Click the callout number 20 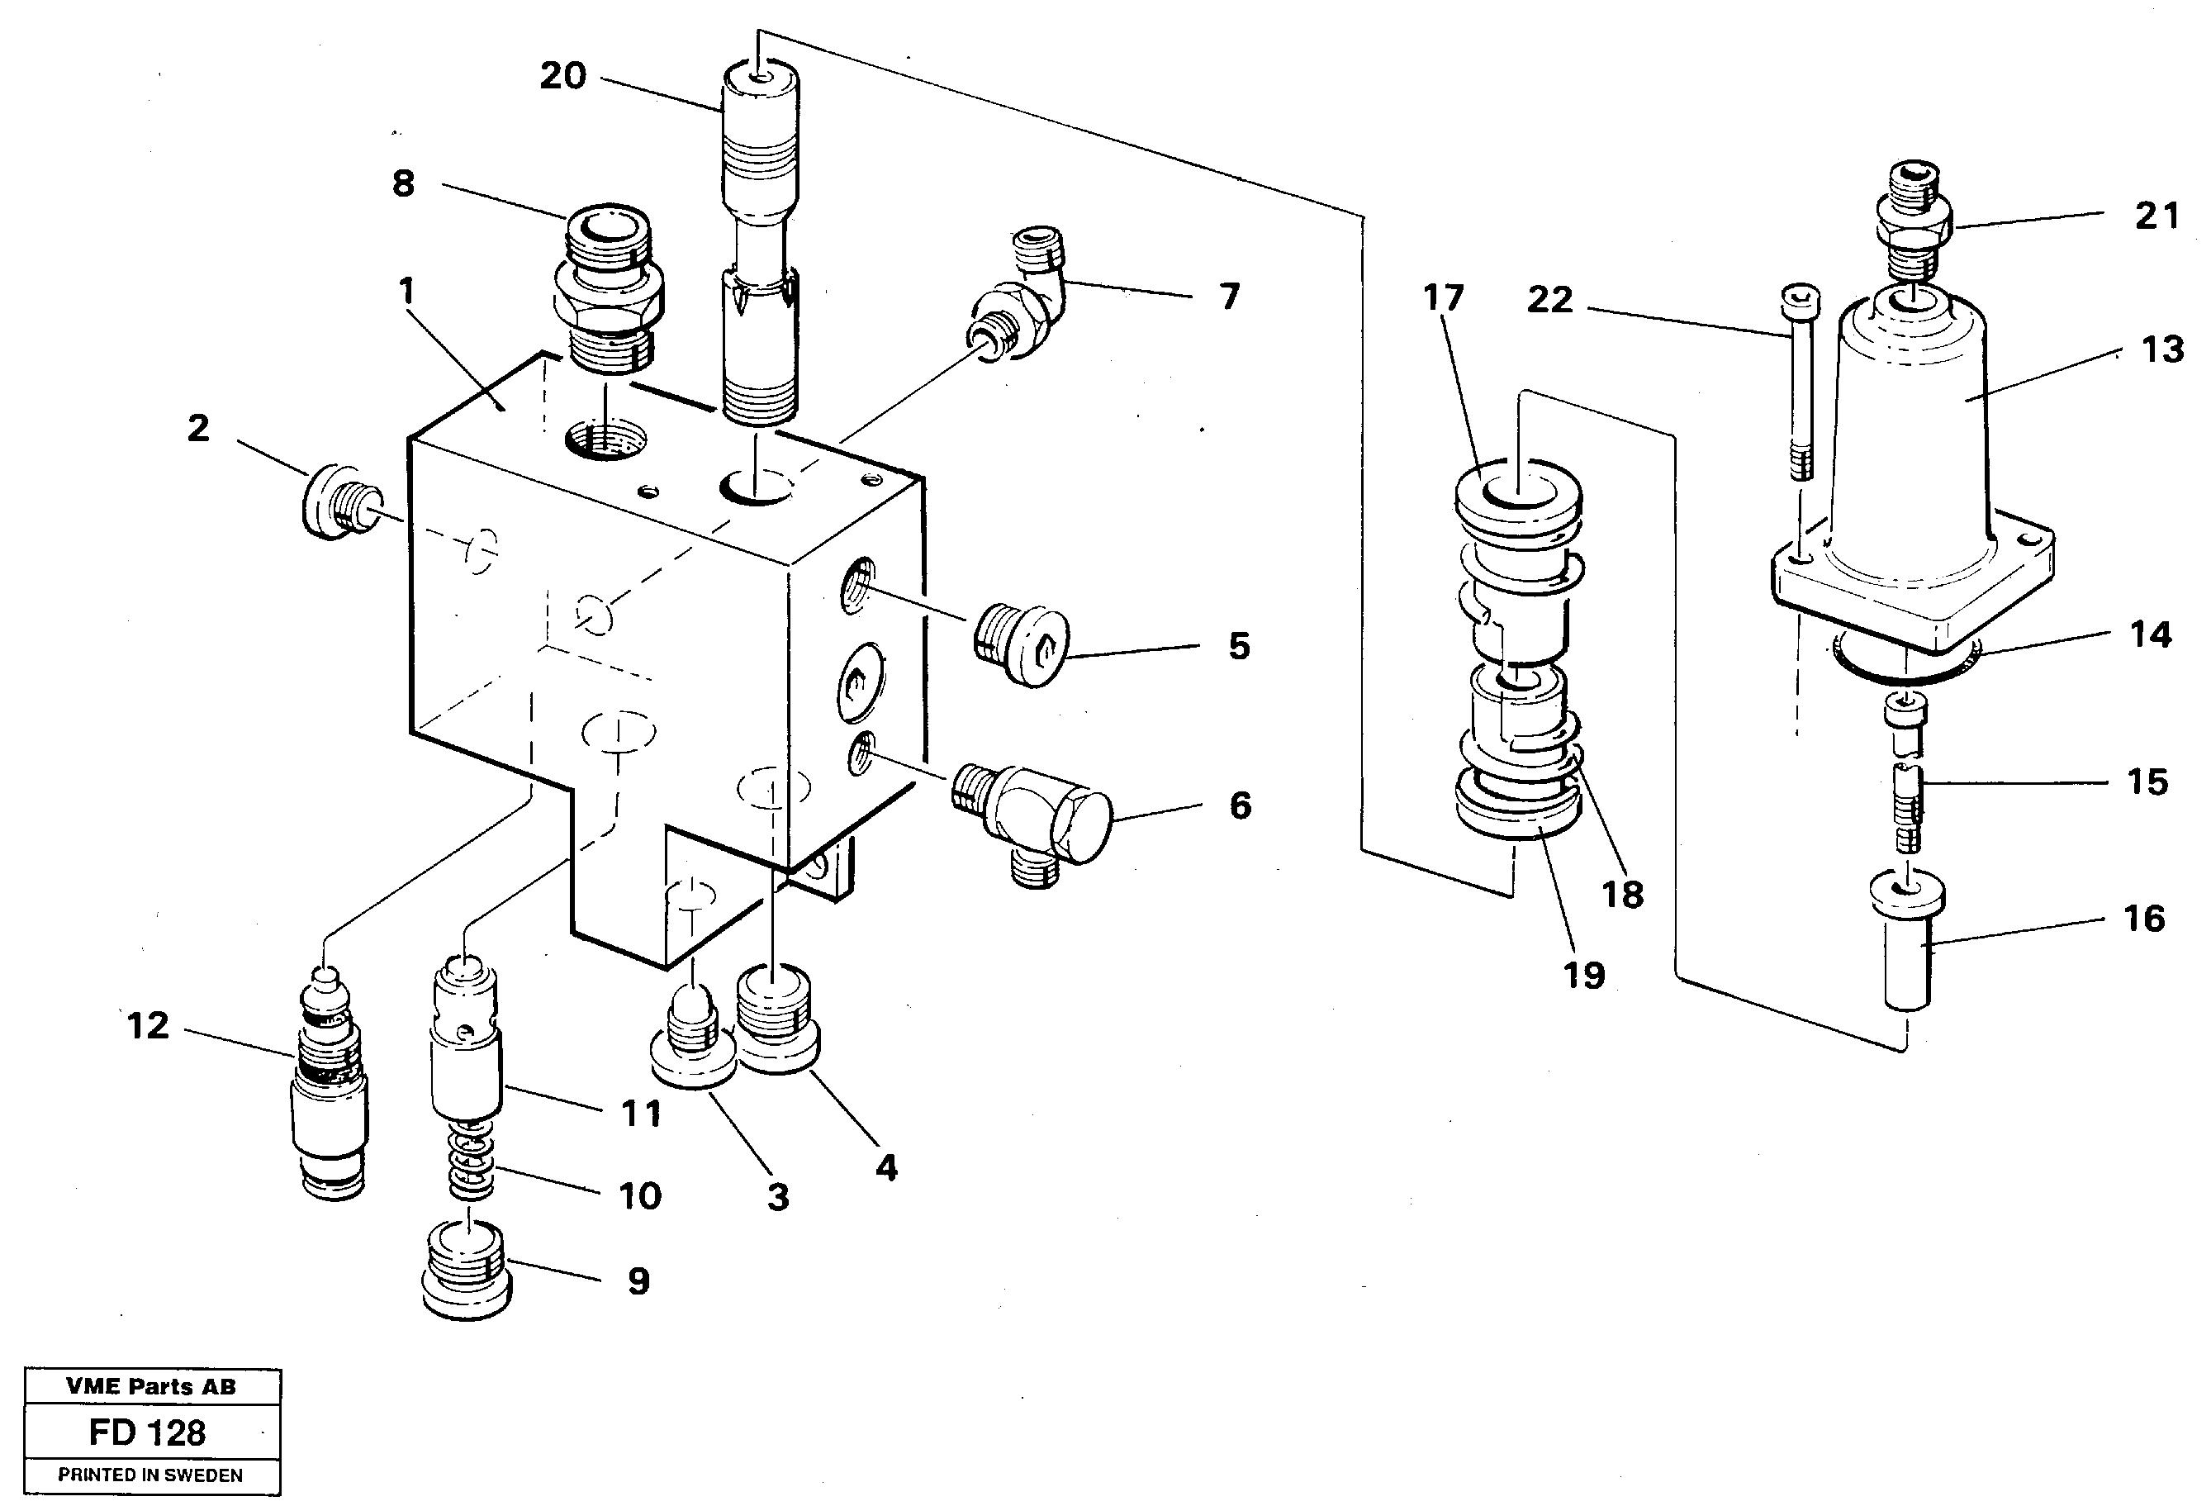pyautogui.click(x=562, y=76)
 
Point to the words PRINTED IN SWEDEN pyautogui.click(x=150, y=1475)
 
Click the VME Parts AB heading pyautogui.click(x=150, y=1387)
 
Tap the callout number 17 pyautogui.click(x=1442, y=297)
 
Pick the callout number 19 pyautogui.click(x=1584, y=974)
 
